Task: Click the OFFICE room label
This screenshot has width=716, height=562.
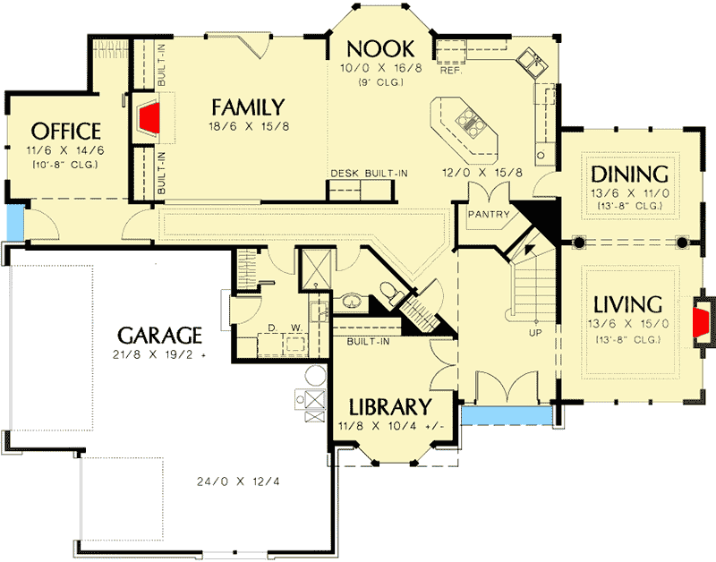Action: tap(65, 131)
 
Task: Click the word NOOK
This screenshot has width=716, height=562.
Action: tap(379, 48)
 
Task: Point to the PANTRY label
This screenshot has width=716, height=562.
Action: tap(489, 215)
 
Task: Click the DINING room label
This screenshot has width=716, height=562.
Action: tap(630, 174)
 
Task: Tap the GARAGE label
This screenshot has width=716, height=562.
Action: tap(158, 336)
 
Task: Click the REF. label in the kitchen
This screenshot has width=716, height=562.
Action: tap(450, 68)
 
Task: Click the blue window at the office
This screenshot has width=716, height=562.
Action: tap(13, 224)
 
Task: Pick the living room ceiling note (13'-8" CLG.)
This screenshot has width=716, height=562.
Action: tap(629, 339)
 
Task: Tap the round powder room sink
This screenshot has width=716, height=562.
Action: tap(350, 300)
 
